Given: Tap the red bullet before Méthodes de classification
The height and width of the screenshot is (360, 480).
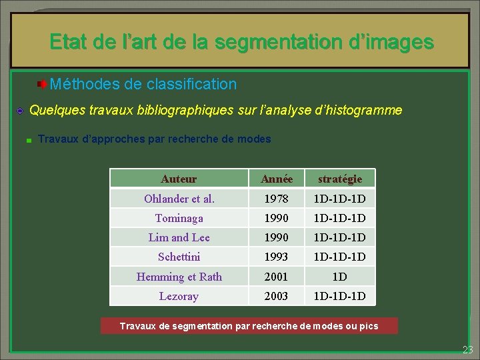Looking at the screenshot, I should pyautogui.click(x=41, y=85).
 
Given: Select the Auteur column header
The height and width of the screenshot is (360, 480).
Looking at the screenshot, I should pyautogui.click(x=179, y=179).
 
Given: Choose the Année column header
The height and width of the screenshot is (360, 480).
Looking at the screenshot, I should pyautogui.click(x=277, y=179).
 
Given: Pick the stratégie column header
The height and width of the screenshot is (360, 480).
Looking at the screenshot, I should pyautogui.click(x=340, y=179).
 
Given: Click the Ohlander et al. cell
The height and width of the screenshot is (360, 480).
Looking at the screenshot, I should pyautogui.click(x=179, y=199).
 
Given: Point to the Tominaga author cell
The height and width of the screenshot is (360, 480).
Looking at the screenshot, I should pyautogui.click(x=179, y=218).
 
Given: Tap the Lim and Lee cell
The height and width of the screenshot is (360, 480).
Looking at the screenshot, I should pyautogui.click(x=179, y=237).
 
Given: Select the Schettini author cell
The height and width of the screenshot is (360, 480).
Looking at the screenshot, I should pyautogui.click(x=179, y=257).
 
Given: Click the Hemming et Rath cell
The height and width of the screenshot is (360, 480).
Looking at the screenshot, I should pyautogui.click(x=179, y=277).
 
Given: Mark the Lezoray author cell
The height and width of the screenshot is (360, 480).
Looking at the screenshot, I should pyautogui.click(x=179, y=296).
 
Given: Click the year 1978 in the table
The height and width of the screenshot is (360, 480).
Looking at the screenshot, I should pyautogui.click(x=277, y=199).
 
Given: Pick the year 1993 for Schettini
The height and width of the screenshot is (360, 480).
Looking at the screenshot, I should pyautogui.click(x=277, y=257).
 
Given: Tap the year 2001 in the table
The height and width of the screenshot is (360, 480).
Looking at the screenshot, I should pyautogui.click(x=277, y=277).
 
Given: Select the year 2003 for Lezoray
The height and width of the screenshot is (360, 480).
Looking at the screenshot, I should pyautogui.click(x=277, y=296).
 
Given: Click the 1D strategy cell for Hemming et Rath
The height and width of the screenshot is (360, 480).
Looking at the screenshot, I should pyautogui.click(x=340, y=277).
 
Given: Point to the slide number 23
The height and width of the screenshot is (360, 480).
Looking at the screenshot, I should pyautogui.click(x=467, y=350).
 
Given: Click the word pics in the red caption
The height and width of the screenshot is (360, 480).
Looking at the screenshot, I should pyautogui.click(x=369, y=326).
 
